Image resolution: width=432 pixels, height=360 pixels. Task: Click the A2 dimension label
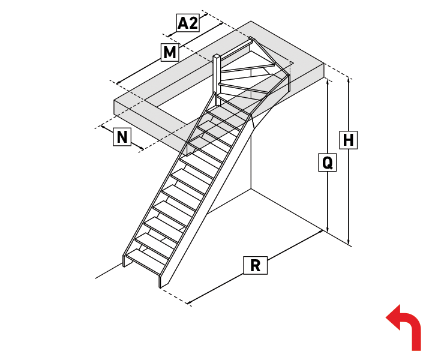tap(188, 23)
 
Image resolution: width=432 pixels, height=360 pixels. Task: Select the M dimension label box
tap(170, 52)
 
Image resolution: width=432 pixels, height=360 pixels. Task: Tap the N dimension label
tap(122, 137)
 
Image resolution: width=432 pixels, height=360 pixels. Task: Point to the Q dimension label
tap(328, 163)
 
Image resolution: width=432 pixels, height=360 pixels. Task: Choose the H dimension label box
tap(348, 140)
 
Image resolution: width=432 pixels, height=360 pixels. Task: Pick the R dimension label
tap(256, 266)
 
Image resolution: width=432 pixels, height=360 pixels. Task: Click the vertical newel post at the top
tap(217, 80)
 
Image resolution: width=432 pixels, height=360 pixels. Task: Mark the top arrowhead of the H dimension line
tap(349, 80)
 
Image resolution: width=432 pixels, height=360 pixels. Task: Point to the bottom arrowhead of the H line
tap(349, 242)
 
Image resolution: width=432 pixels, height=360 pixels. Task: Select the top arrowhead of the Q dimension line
tap(328, 81)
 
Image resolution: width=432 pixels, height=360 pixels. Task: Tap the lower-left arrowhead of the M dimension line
tap(118, 83)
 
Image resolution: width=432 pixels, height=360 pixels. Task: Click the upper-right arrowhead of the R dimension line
tap(321, 232)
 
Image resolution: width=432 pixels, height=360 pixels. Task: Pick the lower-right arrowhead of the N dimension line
tap(142, 149)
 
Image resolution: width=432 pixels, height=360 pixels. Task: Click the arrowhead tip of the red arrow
tap(386, 317)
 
